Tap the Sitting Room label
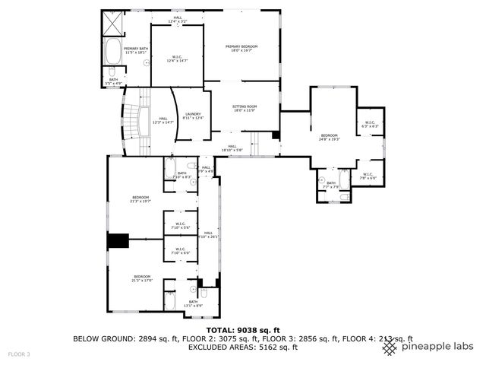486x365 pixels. [x=245, y=109]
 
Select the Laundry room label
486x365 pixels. [x=193, y=116]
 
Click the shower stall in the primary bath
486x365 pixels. [x=113, y=24]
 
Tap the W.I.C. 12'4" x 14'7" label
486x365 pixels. [x=175, y=58]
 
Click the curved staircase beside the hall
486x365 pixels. [x=136, y=121]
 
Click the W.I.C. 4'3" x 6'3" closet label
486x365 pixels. [x=370, y=124]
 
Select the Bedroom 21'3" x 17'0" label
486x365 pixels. [x=142, y=278]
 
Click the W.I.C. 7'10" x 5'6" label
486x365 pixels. [x=181, y=225]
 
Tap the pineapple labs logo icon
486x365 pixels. [x=388, y=347]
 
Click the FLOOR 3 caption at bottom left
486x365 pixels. [x=19, y=354]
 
